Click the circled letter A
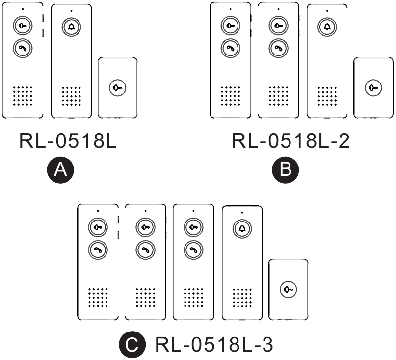tap(60, 169)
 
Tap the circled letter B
tap(285, 169)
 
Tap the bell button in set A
tap(71, 28)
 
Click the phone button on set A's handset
tap(22, 48)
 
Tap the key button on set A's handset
tap(22, 26)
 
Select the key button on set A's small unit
tap(118, 87)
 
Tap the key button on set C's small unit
tap(288, 289)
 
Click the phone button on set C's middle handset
tap(145, 249)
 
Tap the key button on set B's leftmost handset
tap(230, 26)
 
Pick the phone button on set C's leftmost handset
tap(98, 249)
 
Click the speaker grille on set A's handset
tap(22, 96)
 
